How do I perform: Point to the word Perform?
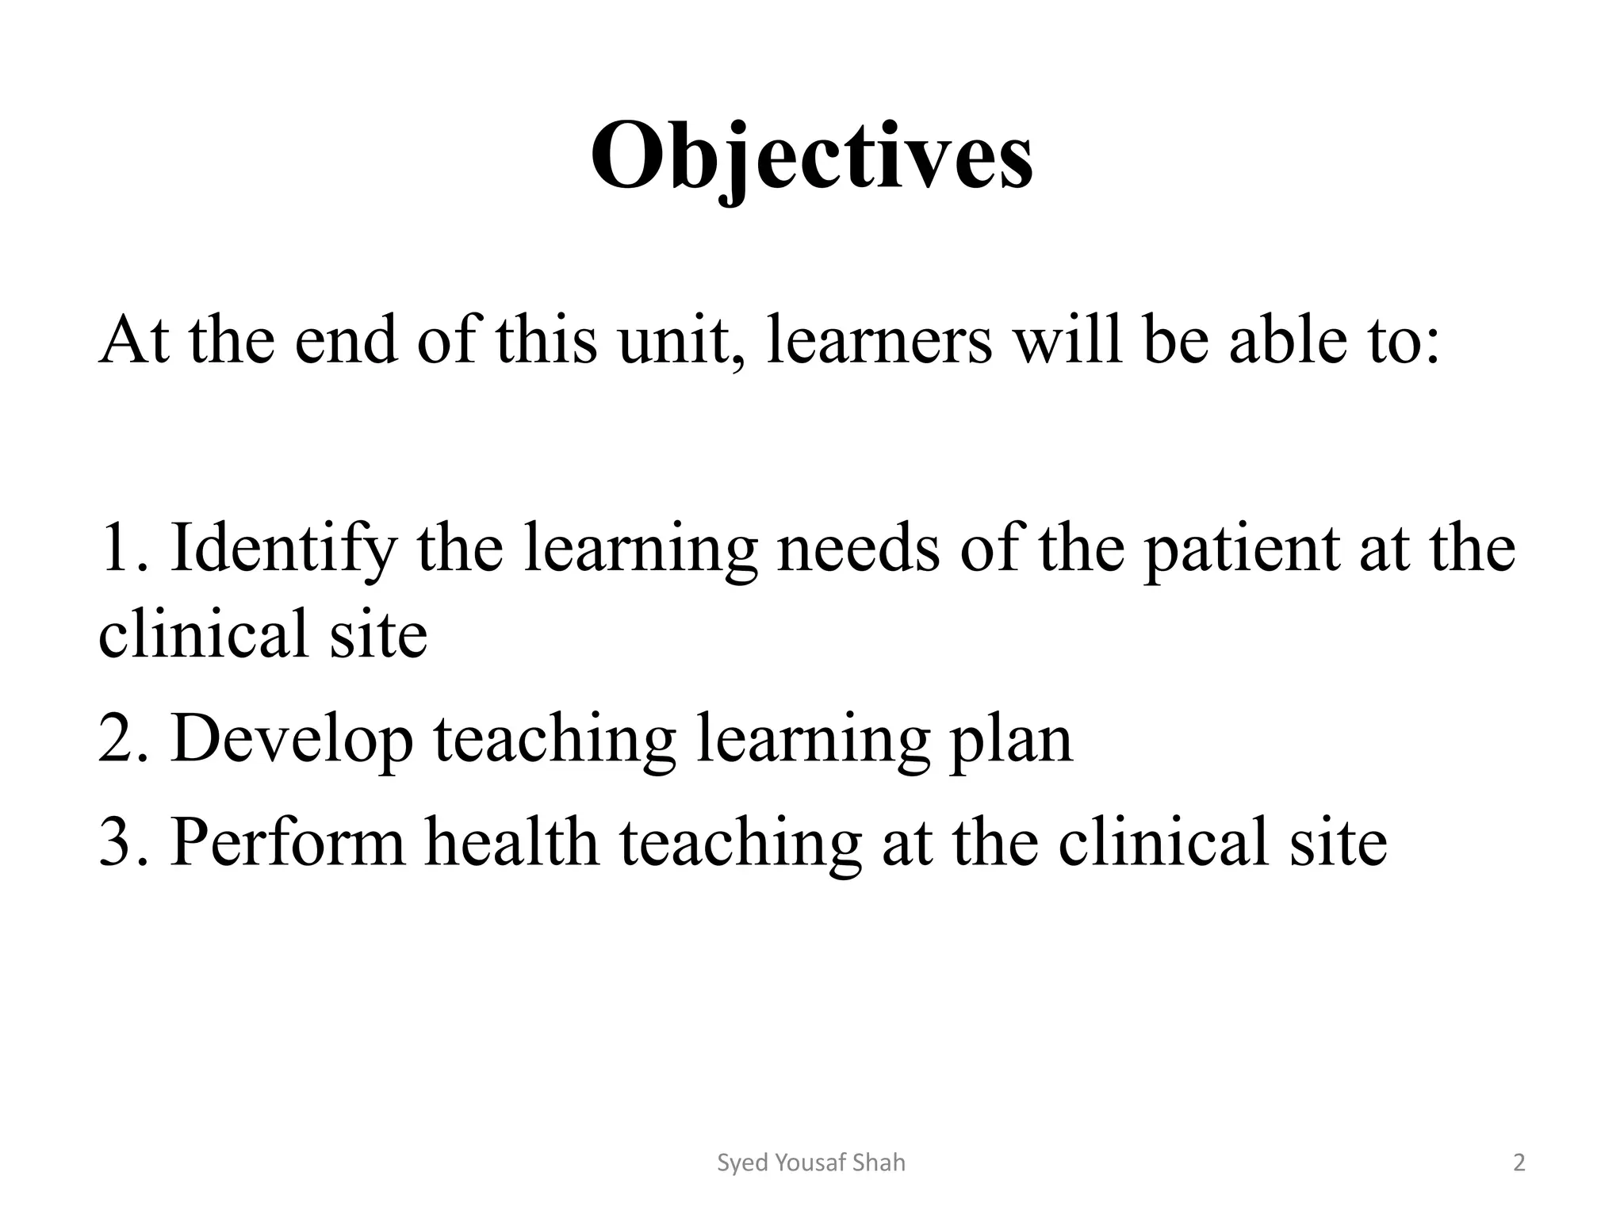click(x=287, y=842)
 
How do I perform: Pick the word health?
click(x=511, y=842)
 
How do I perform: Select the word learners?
click(x=879, y=341)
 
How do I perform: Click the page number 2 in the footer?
click(x=1519, y=1163)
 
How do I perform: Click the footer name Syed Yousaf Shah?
click(x=810, y=1163)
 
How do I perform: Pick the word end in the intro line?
click(x=346, y=341)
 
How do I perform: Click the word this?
click(x=546, y=341)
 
